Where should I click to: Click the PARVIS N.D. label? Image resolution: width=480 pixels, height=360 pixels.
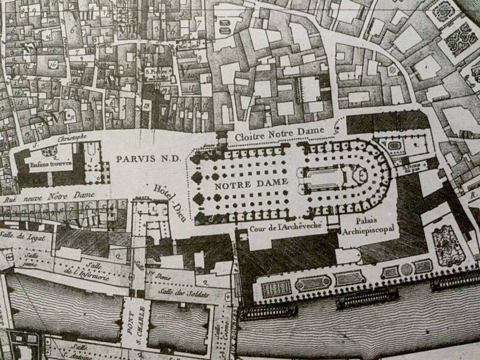[x=148, y=159]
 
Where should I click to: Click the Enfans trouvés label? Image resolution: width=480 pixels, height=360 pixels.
[x=44, y=164]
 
